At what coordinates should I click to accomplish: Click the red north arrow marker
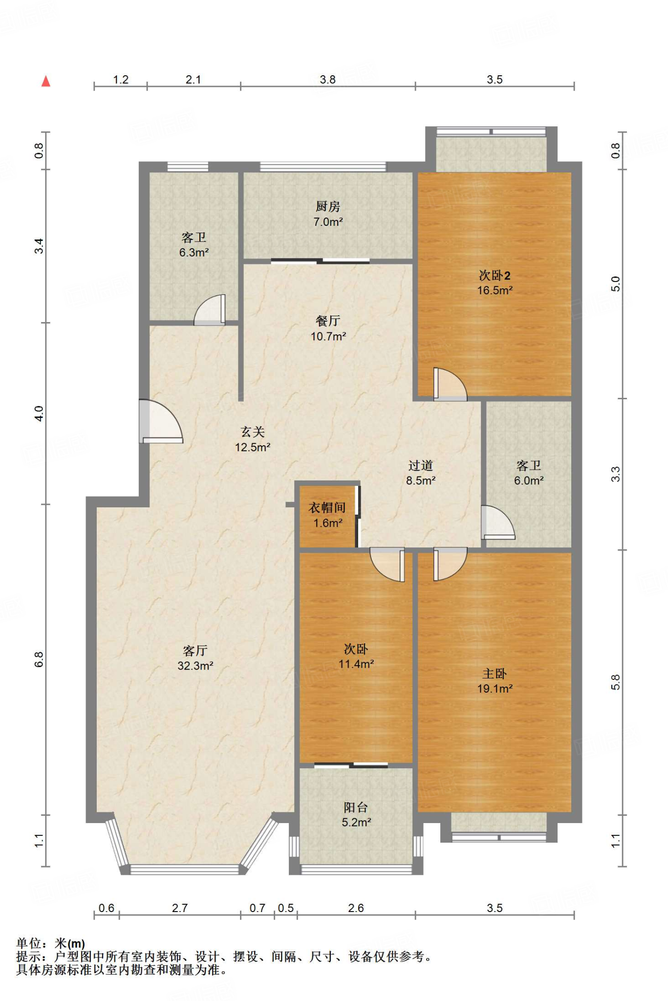[x=46, y=81]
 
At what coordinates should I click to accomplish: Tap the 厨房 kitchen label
[x=328, y=214]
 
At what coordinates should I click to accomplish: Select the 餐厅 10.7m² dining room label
[x=328, y=328]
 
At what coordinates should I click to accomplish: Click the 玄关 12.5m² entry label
[x=253, y=439]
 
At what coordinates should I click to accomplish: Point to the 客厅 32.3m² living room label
[x=195, y=658]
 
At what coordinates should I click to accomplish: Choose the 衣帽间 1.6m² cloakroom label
[x=327, y=515]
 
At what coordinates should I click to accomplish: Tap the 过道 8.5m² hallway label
[x=421, y=473]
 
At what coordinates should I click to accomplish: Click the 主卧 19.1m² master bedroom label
[x=495, y=681]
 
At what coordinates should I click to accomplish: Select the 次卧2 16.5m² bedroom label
[x=495, y=283]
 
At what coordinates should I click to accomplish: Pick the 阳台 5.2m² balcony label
[x=356, y=815]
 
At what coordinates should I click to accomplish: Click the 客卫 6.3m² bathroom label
[x=194, y=245]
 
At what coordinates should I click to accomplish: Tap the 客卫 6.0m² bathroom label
[x=529, y=473]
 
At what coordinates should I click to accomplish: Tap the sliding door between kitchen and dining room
[x=320, y=261]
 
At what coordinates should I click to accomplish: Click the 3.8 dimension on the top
[x=327, y=80]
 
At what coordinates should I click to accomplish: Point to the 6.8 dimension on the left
[x=39, y=659]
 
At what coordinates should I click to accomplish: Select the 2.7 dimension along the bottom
[x=180, y=908]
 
